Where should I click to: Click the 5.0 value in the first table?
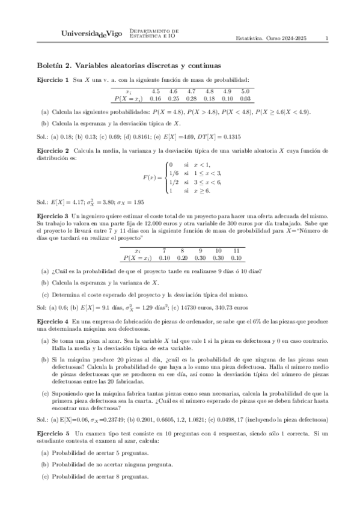[245, 91]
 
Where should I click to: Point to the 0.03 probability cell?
[245, 98]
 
